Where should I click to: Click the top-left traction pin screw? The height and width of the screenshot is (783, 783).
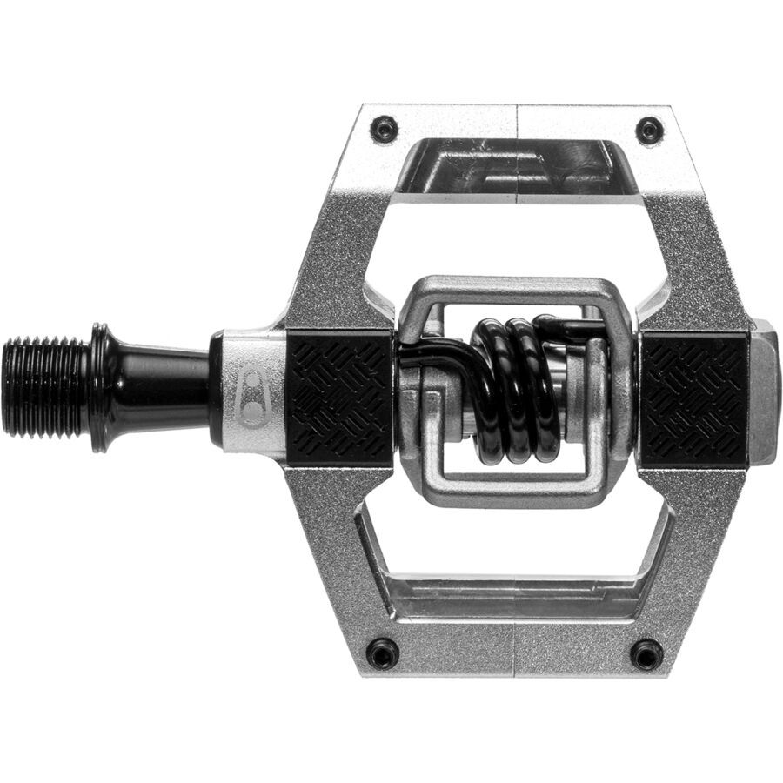coord(384,130)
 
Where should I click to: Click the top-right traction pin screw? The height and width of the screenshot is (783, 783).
coord(649,131)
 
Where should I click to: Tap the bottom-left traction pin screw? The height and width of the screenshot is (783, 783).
coord(383,652)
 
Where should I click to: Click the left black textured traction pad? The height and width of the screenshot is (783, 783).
coord(340,398)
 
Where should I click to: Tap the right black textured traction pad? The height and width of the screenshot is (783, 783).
coord(694,399)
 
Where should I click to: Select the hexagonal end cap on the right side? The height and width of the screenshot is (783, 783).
coord(763,391)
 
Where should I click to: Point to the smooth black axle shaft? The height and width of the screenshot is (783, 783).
coord(161,385)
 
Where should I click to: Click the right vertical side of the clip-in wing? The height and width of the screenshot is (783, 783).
coord(619,391)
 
